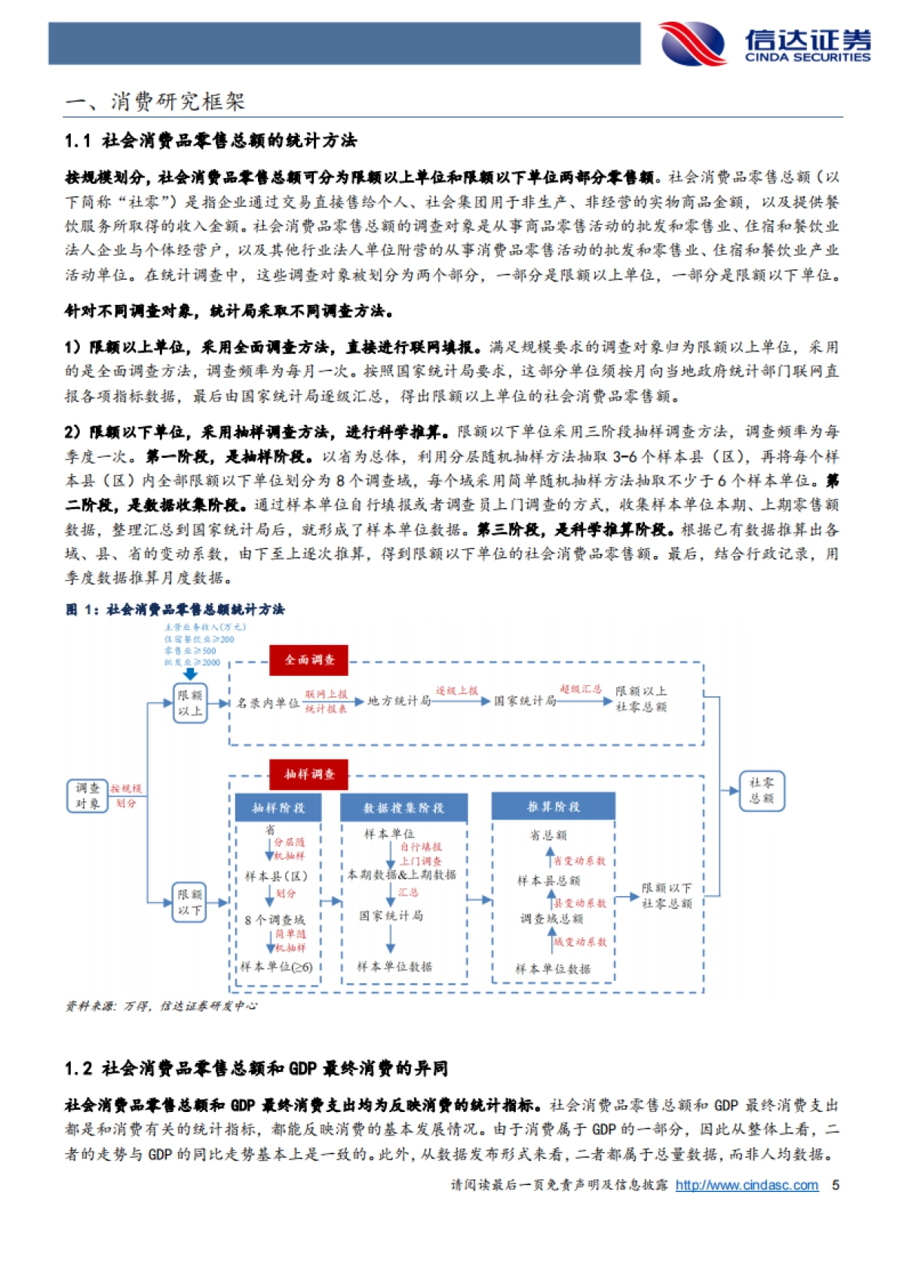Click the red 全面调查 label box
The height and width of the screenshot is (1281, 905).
pos(309,660)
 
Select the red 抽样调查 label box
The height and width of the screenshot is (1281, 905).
pos(309,774)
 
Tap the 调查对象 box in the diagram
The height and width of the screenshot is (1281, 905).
pos(87,796)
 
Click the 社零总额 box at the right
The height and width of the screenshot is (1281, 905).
pos(762,791)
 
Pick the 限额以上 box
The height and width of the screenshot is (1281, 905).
pos(189,703)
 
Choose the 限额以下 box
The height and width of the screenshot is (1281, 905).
pos(189,902)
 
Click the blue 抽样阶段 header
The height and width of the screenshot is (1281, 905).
pos(278,808)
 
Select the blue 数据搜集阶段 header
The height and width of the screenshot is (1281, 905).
pos(403,808)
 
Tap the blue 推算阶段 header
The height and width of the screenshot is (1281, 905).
pos(554,806)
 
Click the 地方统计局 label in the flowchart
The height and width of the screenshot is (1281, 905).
pos(399,701)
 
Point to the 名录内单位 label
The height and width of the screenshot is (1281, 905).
pos(268,703)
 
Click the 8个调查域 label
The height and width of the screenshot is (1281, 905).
pos(275,920)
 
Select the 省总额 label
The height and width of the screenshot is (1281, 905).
pos(548,835)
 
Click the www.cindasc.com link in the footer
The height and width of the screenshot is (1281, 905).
pos(747,1185)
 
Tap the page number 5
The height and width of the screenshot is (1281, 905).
pos(836,1185)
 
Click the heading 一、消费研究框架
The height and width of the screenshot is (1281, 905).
pos(155,102)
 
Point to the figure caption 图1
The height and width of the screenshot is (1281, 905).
pos(175,610)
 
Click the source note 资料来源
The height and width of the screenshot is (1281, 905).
pos(161,1006)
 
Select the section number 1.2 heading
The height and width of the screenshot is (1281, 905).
pos(256,1068)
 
